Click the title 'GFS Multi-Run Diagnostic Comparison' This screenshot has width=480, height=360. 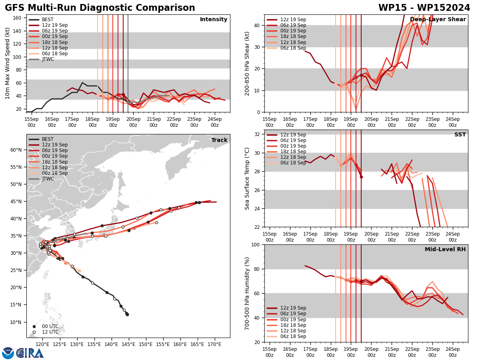coord(100,8)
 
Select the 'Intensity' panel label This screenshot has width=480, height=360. coord(214,20)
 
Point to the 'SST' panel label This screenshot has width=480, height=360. coord(460,135)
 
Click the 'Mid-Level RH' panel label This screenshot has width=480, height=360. coord(445,250)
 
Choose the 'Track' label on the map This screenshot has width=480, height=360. coord(219,140)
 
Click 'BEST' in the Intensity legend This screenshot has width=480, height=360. coord(48,20)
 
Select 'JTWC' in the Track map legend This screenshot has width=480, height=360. coord(48,179)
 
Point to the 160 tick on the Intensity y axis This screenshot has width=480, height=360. coord(18,18)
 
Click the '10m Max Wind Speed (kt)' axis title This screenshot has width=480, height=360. coord(8,63)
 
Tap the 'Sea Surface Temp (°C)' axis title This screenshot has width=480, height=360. coord(247,178)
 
